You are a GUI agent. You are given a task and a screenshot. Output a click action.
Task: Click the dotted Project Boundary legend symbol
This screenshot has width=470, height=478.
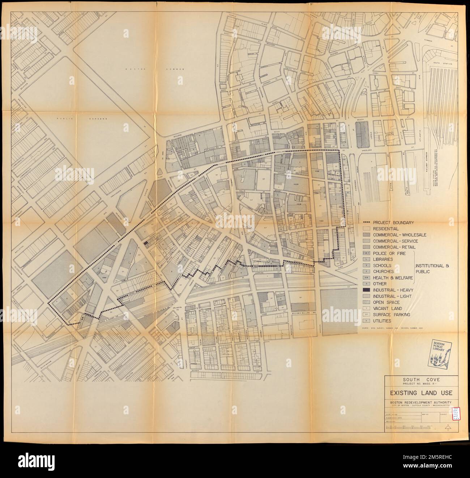[x=366, y=223]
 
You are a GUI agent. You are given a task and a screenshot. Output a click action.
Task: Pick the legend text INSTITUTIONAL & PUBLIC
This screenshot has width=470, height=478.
[x=432, y=268]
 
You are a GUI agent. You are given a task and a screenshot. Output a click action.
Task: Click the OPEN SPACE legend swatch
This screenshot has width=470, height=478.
[x=366, y=302]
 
